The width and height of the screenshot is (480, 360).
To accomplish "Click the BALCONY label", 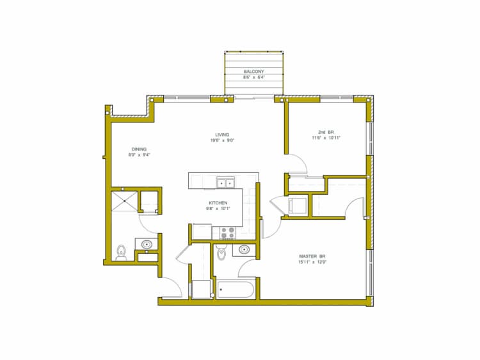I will (x=254, y=71).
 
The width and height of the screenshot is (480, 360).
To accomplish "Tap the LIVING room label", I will (x=222, y=135).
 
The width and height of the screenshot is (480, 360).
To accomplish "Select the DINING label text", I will (x=139, y=148).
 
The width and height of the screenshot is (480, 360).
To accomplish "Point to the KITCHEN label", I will (x=218, y=202).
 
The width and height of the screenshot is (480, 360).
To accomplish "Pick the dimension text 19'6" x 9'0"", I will (x=222, y=140).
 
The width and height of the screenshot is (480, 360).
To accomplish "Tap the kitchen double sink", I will (x=225, y=183).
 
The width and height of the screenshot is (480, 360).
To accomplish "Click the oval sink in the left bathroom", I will (x=146, y=244).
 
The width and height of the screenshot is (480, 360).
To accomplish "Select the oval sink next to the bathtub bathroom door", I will (x=244, y=249).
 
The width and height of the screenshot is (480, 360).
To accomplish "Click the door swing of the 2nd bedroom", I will (x=298, y=165).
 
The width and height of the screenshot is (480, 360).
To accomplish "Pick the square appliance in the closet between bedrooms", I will (x=298, y=206).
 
